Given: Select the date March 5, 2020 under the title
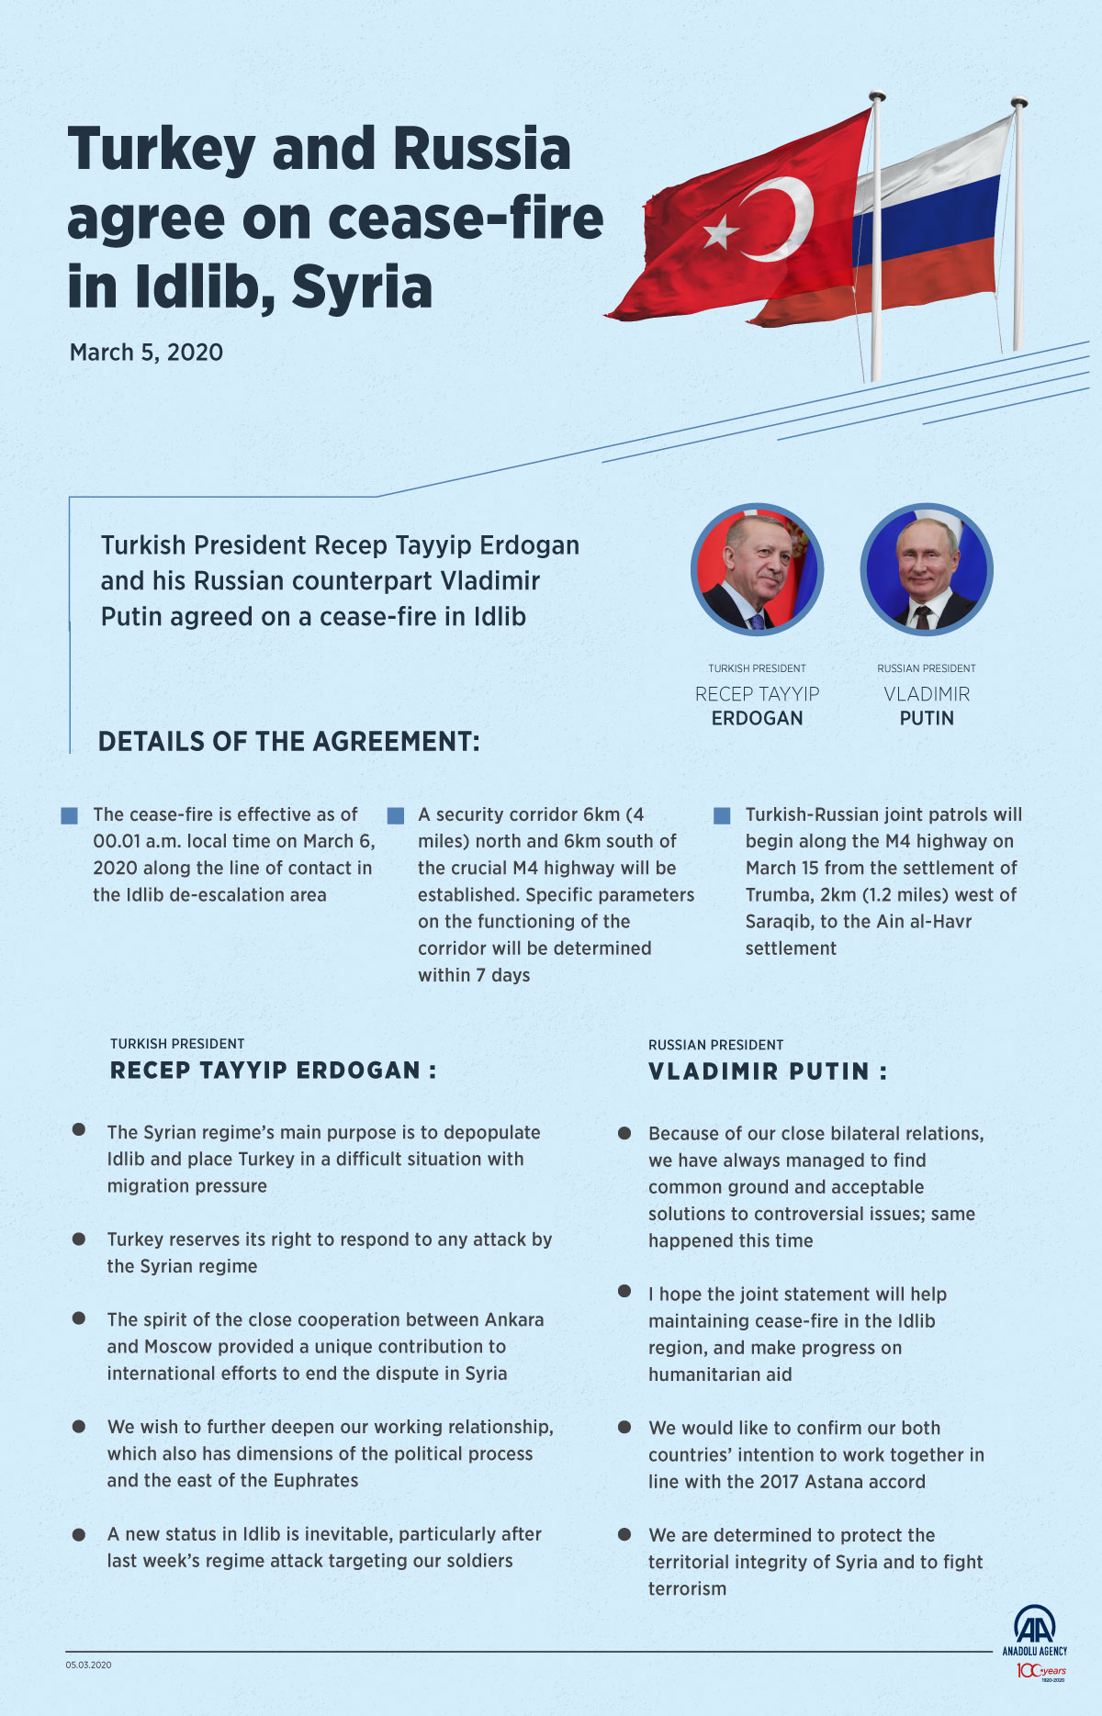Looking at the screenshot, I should click(146, 353).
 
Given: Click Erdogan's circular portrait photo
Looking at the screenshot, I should click(757, 569).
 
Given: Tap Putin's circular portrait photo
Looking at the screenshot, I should click(927, 569).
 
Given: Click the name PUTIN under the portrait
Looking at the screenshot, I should click(927, 718).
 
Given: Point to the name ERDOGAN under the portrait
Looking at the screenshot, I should click(757, 718).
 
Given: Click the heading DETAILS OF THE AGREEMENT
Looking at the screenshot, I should click(288, 742).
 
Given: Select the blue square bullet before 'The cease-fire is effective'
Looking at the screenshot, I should click(69, 815).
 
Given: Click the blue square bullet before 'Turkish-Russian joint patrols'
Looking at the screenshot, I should click(722, 815).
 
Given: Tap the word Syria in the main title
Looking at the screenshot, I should click(362, 287).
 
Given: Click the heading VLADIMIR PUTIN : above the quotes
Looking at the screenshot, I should click(768, 1071).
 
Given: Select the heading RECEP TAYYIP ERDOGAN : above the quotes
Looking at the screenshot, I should click(273, 1071).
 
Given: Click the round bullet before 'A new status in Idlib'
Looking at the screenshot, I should click(79, 1534).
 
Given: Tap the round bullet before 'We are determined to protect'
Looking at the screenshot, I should click(624, 1534).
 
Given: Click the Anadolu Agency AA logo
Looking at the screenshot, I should click(1034, 1625).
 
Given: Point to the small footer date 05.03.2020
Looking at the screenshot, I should click(88, 1665).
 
